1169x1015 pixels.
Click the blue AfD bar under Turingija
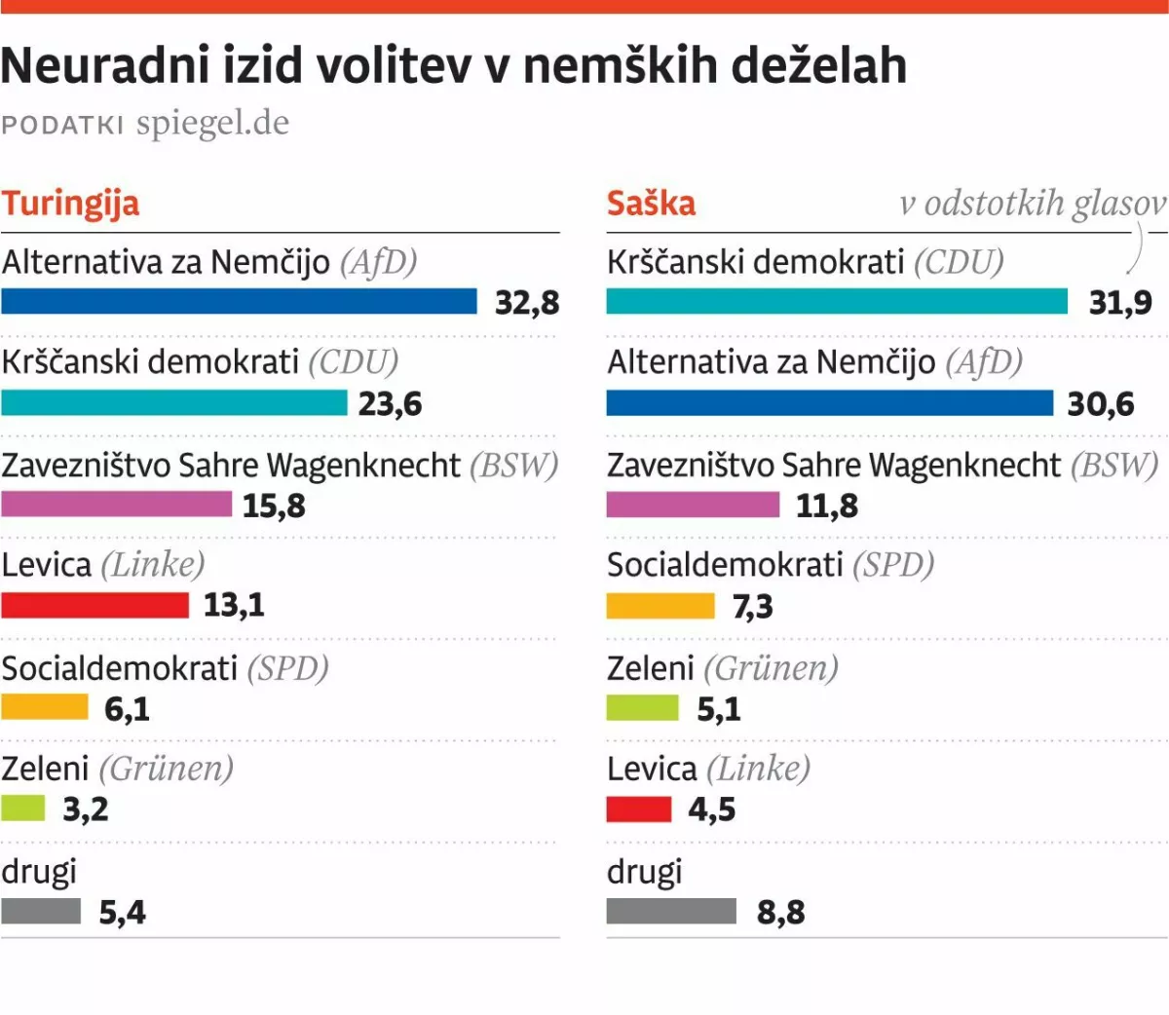pyautogui.click(x=239, y=301)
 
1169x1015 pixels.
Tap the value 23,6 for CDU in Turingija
pyautogui.click(x=390, y=403)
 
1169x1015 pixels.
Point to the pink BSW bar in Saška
pyautogui.click(x=693, y=505)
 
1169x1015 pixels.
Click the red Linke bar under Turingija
pyautogui.click(x=94, y=605)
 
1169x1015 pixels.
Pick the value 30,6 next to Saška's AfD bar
pyautogui.click(x=1101, y=403)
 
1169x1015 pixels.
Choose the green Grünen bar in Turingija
pyautogui.click(x=22, y=808)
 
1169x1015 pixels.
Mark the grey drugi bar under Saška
pyautogui.click(x=671, y=911)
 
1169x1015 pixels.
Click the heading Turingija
pyautogui.click(x=70, y=204)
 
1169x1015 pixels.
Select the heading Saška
pyautogui.click(x=651, y=204)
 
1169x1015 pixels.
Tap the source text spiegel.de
pyautogui.click(x=212, y=124)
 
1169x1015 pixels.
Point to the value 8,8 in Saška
pyautogui.click(x=781, y=912)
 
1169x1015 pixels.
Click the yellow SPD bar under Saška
pyautogui.click(x=660, y=606)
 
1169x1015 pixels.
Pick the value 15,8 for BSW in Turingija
pyautogui.click(x=274, y=506)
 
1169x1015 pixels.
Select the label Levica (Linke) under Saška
pyautogui.click(x=708, y=769)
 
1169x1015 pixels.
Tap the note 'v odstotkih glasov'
pyautogui.click(x=1033, y=204)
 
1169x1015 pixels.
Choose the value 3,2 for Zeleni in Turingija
pyautogui.click(x=86, y=808)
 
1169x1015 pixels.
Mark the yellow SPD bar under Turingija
pyautogui.click(x=45, y=707)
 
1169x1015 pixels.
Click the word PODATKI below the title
pyautogui.click(x=62, y=126)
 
